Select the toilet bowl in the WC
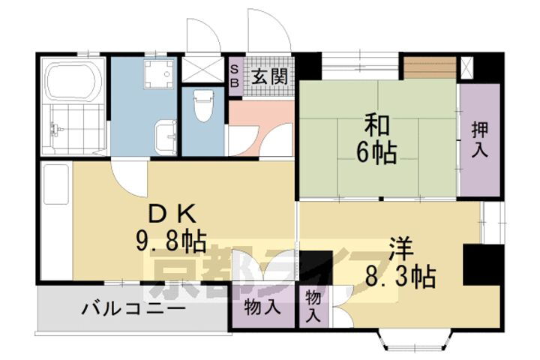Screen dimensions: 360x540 202,106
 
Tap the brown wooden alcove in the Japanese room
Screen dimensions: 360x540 430,68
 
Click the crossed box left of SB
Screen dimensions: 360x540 202,69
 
